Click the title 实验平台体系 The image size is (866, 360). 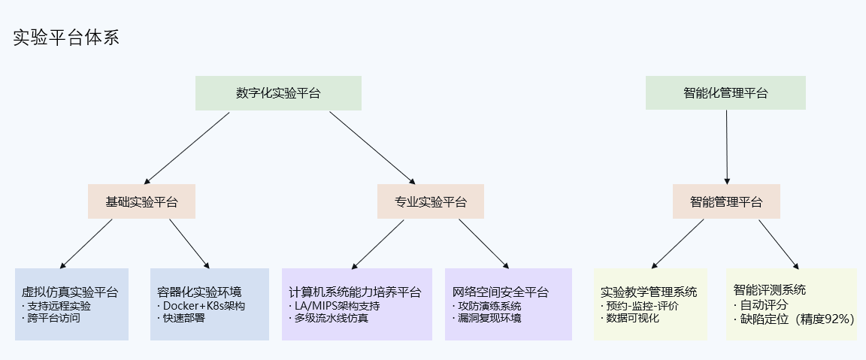(x=66, y=38)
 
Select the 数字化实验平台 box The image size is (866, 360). (x=278, y=93)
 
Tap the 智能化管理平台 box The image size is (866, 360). (x=725, y=93)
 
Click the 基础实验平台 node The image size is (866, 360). (x=141, y=201)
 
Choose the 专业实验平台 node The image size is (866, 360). (x=431, y=201)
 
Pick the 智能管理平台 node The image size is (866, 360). (x=726, y=201)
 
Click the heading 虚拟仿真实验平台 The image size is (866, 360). (x=70, y=292)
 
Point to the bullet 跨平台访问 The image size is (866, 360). (x=53, y=318)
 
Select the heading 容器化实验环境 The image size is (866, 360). (x=199, y=292)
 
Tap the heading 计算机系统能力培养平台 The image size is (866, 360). (x=355, y=292)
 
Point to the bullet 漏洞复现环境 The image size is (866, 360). (x=489, y=318)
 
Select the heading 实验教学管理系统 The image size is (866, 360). (x=649, y=292)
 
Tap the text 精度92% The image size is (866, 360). (x=825, y=319)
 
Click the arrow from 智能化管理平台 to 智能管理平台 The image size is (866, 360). (x=726, y=147)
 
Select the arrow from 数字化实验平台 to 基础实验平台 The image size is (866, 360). (x=187, y=147)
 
